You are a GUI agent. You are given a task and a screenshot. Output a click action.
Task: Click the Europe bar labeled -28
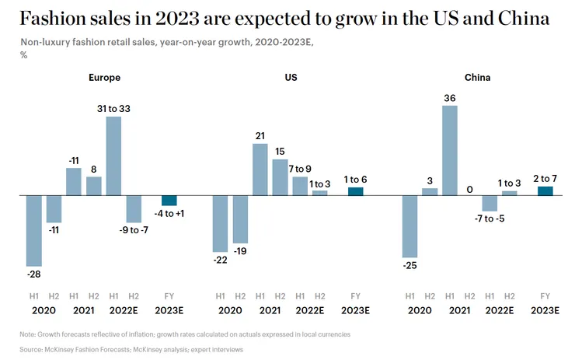click(34, 230)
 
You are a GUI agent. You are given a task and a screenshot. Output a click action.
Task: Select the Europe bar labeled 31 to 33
click(113, 156)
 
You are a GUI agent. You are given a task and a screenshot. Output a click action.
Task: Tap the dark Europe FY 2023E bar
click(169, 200)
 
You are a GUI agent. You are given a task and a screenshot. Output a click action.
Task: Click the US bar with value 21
click(260, 169)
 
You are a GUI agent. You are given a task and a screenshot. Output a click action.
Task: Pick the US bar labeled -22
click(221, 223)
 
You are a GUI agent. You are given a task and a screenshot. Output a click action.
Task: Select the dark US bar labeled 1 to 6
click(355, 191)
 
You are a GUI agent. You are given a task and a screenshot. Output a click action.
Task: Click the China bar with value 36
click(449, 150)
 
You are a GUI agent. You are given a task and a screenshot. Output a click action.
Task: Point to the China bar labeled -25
click(409, 225)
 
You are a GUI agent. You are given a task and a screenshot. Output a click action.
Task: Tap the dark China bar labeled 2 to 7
click(545, 190)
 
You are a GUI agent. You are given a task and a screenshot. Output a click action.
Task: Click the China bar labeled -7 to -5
click(490, 203)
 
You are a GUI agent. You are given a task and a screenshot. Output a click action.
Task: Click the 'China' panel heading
click(477, 78)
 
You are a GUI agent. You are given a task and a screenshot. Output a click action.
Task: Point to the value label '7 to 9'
click(301, 169)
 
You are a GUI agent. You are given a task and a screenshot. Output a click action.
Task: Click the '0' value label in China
click(469, 189)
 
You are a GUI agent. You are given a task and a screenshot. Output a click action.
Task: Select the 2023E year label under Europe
click(169, 310)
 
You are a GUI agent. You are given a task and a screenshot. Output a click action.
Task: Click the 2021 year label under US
click(270, 310)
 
